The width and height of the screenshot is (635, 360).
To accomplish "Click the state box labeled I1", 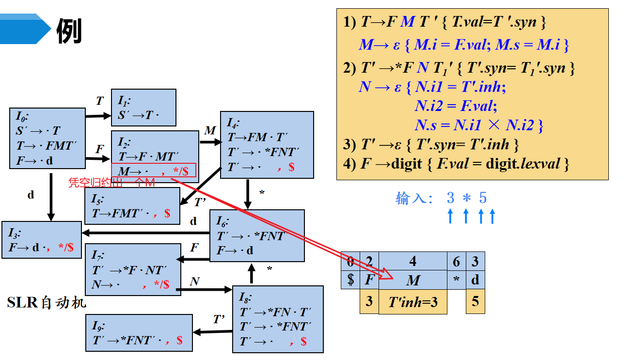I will click(x=143, y=108).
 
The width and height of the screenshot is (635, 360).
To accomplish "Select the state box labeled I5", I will click(x=132, y=205).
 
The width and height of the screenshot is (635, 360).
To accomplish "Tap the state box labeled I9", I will click(x=139, y=333).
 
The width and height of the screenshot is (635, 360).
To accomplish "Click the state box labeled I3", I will click(x=42, y=240).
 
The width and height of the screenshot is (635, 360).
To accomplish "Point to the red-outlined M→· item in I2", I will click(x=153, y=170).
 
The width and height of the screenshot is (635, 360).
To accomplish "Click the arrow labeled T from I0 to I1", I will click(x=98, y=116).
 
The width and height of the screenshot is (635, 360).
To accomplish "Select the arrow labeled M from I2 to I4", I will click(x=209, y=142).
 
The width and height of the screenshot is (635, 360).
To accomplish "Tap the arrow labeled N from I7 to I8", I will click(x=204, y=290).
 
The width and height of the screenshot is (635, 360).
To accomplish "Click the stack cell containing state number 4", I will click(x=413, y=261).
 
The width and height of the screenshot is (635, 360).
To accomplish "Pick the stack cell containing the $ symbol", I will click(x=350, y=280).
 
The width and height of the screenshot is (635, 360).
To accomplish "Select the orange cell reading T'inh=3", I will click(x=413, y=302).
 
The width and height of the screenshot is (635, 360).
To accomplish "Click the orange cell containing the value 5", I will click(x=475, y=301).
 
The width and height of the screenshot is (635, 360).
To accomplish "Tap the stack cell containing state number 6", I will click(x=456, y=261).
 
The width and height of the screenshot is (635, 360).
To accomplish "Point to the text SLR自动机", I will click(x=47, y=303).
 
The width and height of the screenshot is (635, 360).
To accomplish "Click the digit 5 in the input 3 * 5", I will click(x=482, y=198).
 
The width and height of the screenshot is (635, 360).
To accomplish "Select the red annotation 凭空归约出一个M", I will click(x=111, y=183).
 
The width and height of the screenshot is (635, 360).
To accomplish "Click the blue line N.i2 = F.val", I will click(x=456, y=106).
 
